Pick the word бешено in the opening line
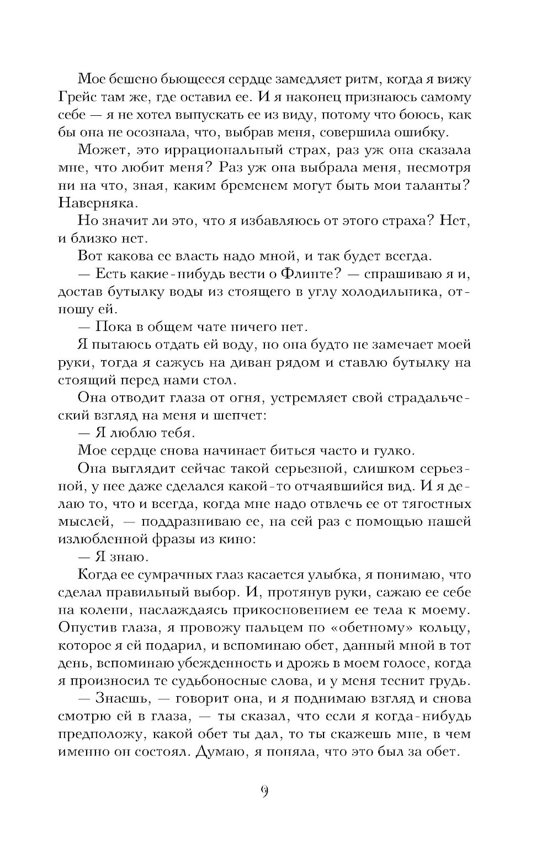click(x=126, y=79)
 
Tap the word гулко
click(x=393, y=451)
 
